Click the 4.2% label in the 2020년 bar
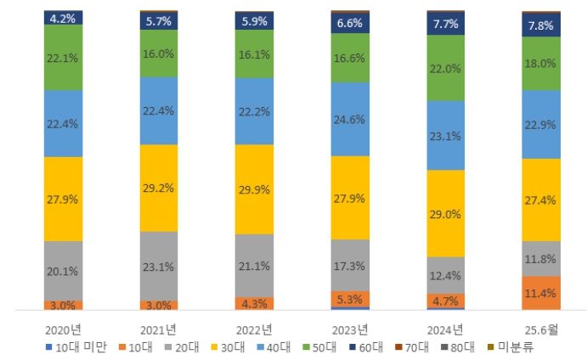[64, 17]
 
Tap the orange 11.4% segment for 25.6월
[540, 294]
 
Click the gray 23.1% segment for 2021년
[159, 266]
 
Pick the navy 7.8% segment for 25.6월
[540, 25]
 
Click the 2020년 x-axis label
[64, 329]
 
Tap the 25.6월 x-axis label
[540, 329]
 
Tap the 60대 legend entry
[367, 346]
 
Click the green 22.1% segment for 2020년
[64, 57]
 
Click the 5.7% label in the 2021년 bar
[159, 21]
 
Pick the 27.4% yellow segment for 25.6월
[540, 200]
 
